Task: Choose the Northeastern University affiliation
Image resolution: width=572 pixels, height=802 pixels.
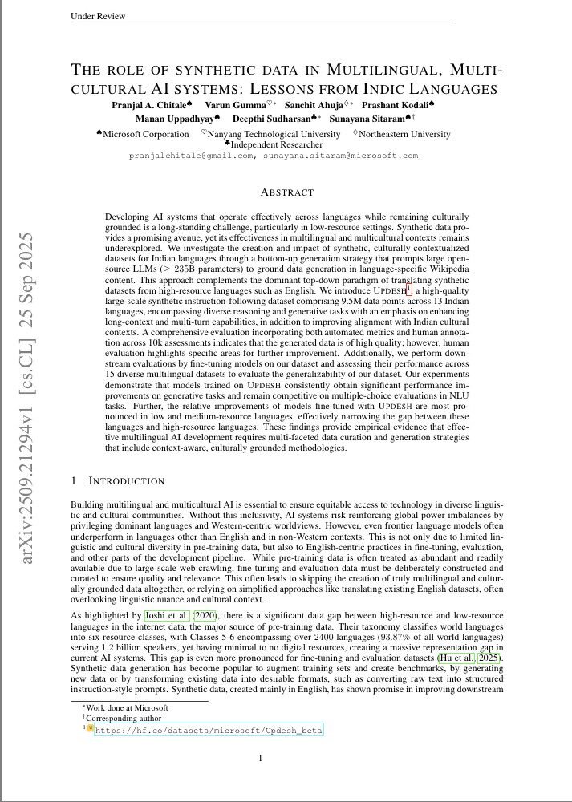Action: pos(405,134)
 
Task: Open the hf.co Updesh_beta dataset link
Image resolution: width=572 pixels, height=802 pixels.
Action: pos(209,731)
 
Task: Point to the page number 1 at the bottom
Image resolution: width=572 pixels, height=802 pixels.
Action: pos(260,758)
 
